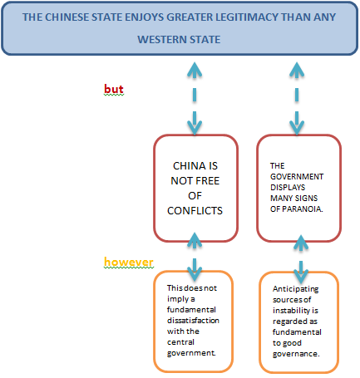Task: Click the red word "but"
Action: coord(114,89)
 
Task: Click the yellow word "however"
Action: coord(129,262)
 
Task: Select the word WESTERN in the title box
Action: coord(157,40)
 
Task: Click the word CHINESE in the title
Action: coord(67,17)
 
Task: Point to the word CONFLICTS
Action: coord(195,211)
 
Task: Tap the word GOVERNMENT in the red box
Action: coord(297,177)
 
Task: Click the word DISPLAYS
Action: coord(288,188)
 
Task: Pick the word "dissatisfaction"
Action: coord(193,321)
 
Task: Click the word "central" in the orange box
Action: coord(180,342)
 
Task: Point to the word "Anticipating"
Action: coord(295,289)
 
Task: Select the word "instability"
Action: coord(291,311)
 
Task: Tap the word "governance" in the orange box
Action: coord(295,354)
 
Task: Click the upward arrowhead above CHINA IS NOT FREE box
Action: coord(195,70)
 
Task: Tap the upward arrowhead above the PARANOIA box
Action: coord(297,70)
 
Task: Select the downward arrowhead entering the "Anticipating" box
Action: coord(301,277)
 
